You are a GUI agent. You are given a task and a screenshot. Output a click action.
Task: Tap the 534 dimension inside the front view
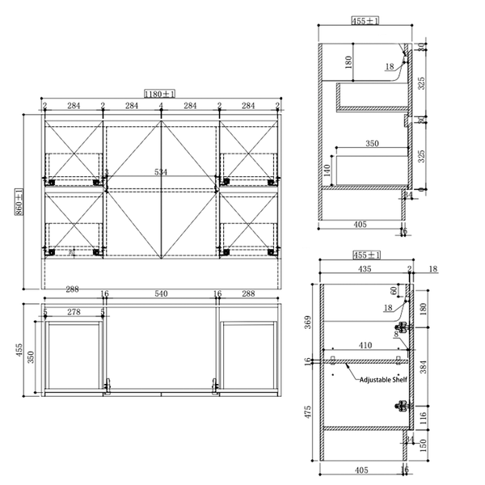[162, 172]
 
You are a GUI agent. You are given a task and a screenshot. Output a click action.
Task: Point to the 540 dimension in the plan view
[161, 295]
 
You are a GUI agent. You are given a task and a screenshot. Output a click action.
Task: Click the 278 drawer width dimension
[74, 311]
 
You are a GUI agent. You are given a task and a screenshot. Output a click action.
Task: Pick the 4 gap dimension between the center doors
[162, 106]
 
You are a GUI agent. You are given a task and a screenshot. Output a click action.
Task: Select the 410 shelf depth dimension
[366, 345]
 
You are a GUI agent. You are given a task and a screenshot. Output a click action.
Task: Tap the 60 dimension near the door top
[394, 289]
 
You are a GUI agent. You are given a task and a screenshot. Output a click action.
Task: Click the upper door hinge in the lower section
[401, 329]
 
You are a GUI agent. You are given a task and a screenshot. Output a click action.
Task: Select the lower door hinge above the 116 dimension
[401, 406]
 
